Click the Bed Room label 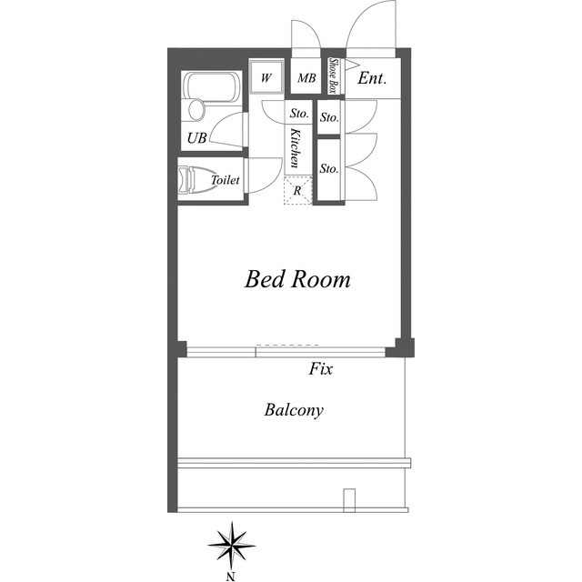[x=297, y=279]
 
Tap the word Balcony [x=294, y=410]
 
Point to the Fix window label [x=321, y=369]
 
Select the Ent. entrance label [x=372, y=78]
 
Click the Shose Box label [x=334, y=75]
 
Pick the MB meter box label [x=306, y=78]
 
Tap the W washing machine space [x=266, y=77]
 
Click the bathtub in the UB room [x=212, y=87]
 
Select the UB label [x=196, y=138]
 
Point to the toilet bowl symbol [x=193, y=180]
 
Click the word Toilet [x=226, y=180]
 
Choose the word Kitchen [x=295, y=147]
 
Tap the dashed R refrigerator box [x=297, y=190]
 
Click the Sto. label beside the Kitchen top [x=299, y=113]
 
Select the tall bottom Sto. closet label [x=329, y=169]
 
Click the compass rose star [x=232, y=546]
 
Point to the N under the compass [x=231, y=577]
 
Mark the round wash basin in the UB [x=196, y=109]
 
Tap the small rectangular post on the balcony [x=349, y=500]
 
